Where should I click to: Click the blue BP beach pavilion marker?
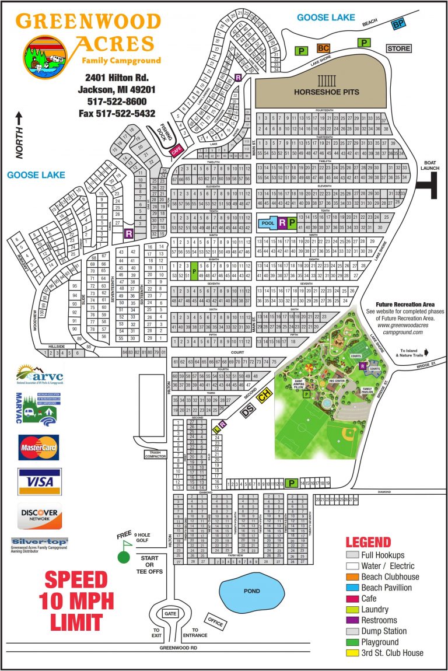point(398,24)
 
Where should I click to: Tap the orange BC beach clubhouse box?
point(323,48)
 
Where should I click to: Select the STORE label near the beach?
point(399,48)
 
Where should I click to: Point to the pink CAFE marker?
point(176,151)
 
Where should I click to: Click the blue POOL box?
point(268,223)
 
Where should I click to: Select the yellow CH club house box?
point(265,395)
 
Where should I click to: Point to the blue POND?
point(251,591)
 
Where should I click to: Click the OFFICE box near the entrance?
point(215,621)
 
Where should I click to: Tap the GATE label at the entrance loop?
point(170,614)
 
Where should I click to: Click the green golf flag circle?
point(123,557)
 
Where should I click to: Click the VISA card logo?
point(40,481)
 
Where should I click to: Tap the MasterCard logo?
point(38,448)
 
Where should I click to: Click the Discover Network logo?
point(40,515)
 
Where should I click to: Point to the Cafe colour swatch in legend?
point(352,598)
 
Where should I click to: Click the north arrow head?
point(19,116)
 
